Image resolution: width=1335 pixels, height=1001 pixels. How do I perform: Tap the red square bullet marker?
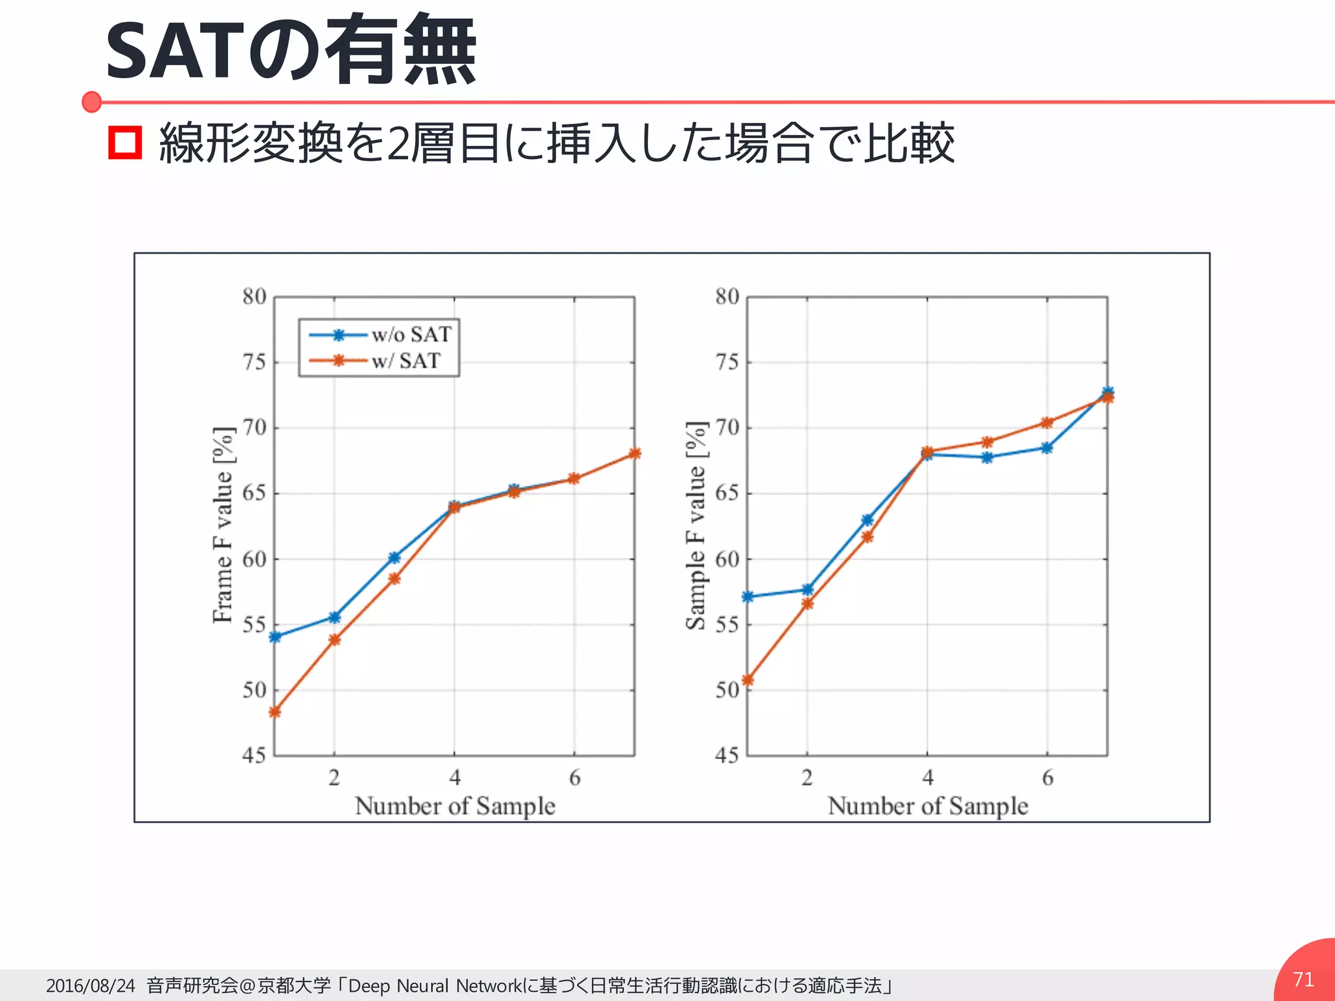tap(125, 142)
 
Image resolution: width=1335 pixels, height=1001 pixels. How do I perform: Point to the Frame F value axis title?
tap(223, 525)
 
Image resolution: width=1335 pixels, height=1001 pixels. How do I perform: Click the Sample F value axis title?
tap(696, 525)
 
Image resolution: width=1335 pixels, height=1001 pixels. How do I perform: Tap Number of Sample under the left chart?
tap(455, 806)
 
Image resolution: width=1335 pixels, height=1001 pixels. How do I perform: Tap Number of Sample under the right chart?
tap(928, 806)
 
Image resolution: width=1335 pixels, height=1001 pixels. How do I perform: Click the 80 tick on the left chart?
tap(254, 297)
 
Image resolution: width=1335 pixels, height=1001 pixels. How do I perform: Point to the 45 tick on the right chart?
tap(727, 755)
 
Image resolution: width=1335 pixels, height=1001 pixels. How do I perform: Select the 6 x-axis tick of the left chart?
tap(574, 777)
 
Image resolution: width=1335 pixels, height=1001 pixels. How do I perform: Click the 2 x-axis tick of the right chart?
tap(807, 777)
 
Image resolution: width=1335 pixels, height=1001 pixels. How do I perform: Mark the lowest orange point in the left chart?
tap(275, 712)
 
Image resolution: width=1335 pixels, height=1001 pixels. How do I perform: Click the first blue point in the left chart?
tap(275, 637)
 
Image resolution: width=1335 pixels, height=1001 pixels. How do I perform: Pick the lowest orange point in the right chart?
tap(748, 680)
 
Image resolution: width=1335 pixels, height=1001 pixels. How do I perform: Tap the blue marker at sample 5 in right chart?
tap(987, 457)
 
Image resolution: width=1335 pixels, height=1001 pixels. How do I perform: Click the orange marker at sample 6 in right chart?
tap(1047, 423)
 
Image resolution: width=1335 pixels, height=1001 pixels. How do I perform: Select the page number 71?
tap(1303, 979)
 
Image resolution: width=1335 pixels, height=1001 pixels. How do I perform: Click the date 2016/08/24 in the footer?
tap(91, 985)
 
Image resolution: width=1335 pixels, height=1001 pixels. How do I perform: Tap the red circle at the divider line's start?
tap(92, 102)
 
